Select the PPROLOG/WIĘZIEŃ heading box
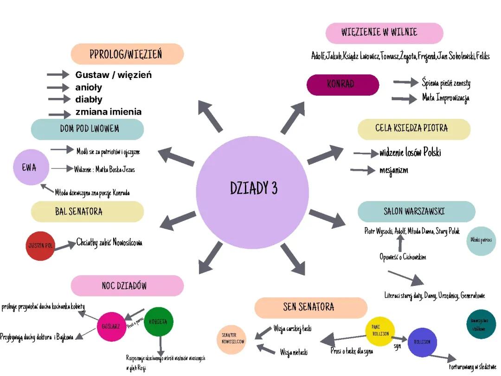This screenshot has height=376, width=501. click(127, 54)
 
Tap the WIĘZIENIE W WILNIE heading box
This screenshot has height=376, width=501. click(384, 33)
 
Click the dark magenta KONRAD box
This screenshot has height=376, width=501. click(343, 84)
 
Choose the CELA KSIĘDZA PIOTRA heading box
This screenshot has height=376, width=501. click(414, 129)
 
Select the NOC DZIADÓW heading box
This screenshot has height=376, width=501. click(127, 285)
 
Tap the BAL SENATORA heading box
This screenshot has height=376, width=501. click(87, 212)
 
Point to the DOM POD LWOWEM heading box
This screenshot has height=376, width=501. click(87, 129)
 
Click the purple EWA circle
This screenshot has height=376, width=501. click(31, 168)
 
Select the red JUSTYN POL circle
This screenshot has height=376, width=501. click(41, 246)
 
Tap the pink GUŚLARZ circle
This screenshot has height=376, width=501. click(111, 327)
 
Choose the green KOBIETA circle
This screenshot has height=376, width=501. click(159, 321)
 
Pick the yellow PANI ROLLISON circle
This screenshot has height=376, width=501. click(380, 331)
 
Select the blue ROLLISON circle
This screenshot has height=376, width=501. click(423, 342)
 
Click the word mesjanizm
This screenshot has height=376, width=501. click(394, 170)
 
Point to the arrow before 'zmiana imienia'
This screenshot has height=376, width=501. click(60, 113)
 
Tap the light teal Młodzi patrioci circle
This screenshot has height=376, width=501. click(481, 240)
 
